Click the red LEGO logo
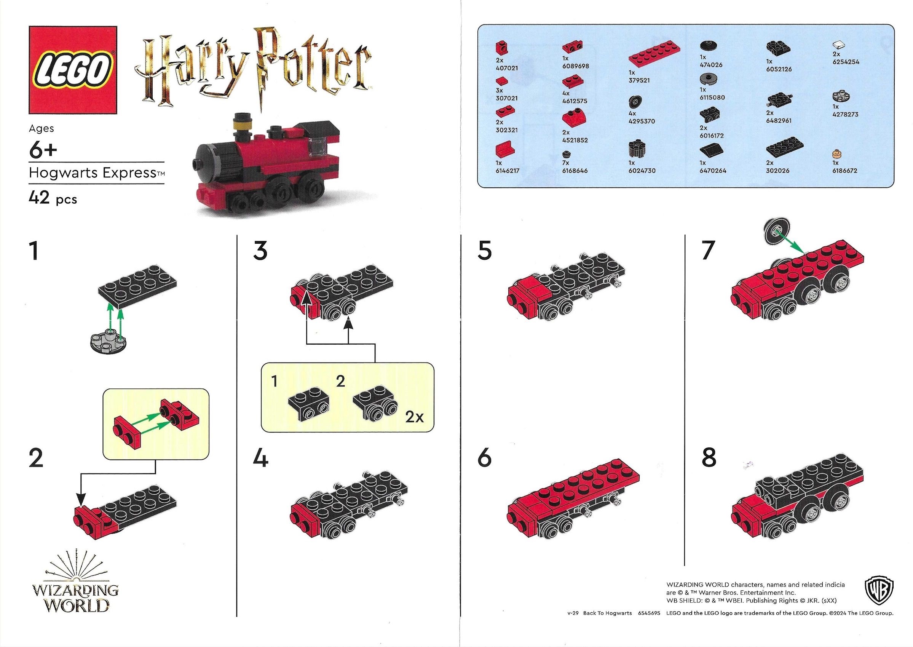pyautogui.click(x=72, y=70)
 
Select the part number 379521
pyautogui.click(x=639, y=80)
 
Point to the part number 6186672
pyautogui.click(x=844, y=171)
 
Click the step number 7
pyautogui.click(x=708, y=251)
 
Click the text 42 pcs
pyautogui.click(x=53, y=198)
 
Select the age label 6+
pyautogui.click(x=43, y=150)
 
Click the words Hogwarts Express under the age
pyautogui.click(x=93, y=173)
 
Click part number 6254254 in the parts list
pyautogui.click(x=846, y=62)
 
